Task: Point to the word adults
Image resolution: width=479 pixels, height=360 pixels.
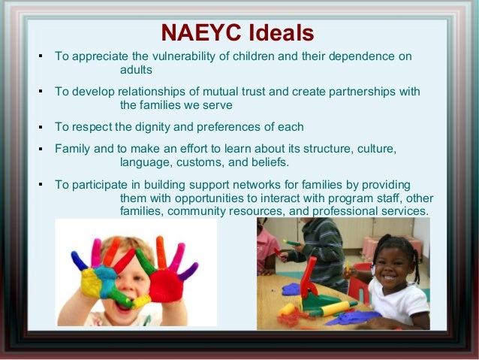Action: (x=136, y=70)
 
